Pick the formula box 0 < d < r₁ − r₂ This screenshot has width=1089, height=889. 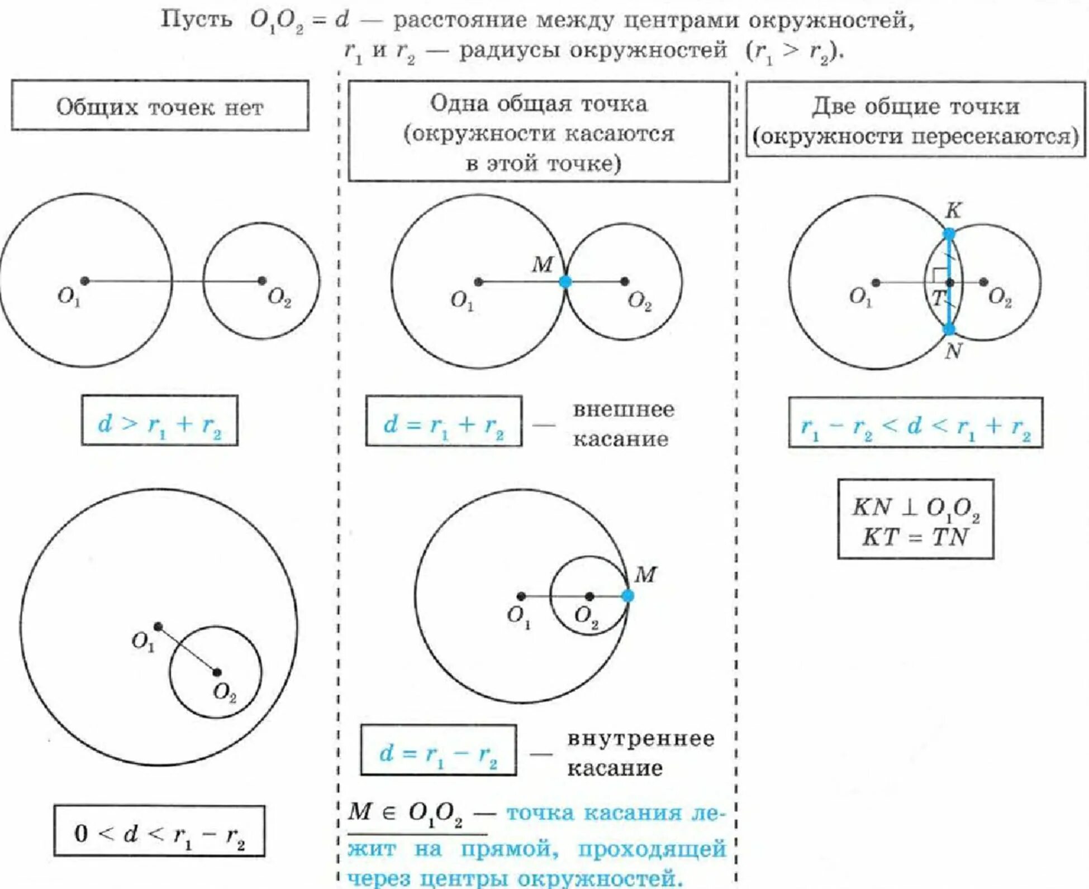pyautogui.click(x=160, y=831)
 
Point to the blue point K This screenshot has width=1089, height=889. pyautogui.click(x=949, y=234)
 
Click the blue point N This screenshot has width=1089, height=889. pyautogui.click(x=949, y=329)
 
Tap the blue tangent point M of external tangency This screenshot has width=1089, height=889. pyautogui.click(x=565, y=281)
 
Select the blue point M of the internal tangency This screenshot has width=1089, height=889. pyautogui.click(x=627, y=596)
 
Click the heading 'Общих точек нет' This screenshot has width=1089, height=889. pyautogui.click(x=160, y=107)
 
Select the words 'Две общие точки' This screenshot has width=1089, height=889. pyautogui.click(x=916, y=106)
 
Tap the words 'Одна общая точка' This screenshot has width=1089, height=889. pyautogui.click(x=539, y=103)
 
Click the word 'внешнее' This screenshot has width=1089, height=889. pyautogui.click(x=624, y=409)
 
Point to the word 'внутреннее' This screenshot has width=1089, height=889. pyautogui.click(x=641, y=738)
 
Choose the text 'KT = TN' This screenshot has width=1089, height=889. pyautogui.click(x=915, y=537)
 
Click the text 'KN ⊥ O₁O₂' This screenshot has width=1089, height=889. pyautogui.click(x=916, y=508)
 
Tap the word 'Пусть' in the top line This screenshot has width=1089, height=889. pyautogui.click(x=196, y=20)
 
